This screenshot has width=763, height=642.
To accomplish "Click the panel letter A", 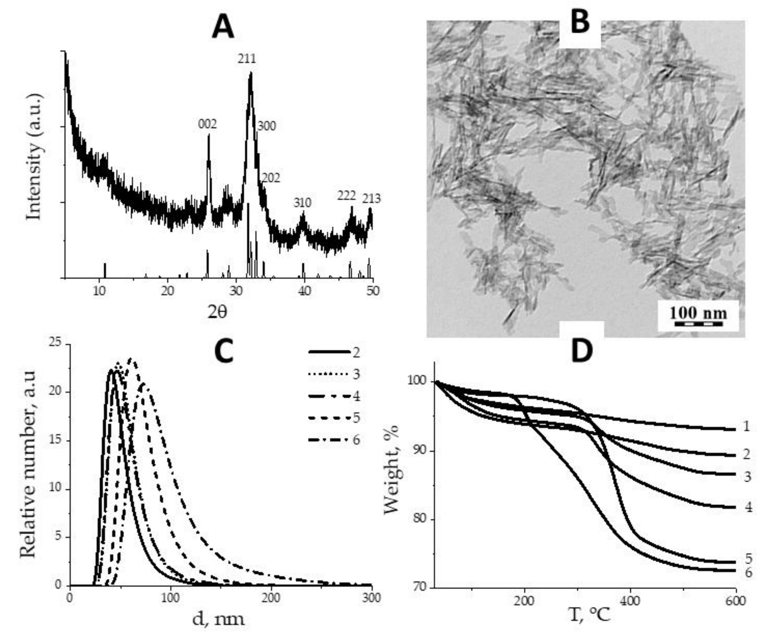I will tap(223, 28).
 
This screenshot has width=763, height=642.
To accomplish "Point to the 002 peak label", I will tap(207, 124).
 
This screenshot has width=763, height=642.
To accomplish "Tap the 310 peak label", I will tap(302, 203).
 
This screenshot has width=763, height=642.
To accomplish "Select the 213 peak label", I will tap(371, 199).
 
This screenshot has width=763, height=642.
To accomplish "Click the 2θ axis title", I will tap(217, 312).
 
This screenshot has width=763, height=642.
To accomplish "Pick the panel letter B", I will tap(580, 23).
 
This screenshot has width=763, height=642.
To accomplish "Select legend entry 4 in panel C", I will tap(356, 396).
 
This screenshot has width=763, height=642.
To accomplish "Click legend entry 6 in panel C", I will tap(356, 440).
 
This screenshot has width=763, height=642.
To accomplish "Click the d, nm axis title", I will tap(218, 619).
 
